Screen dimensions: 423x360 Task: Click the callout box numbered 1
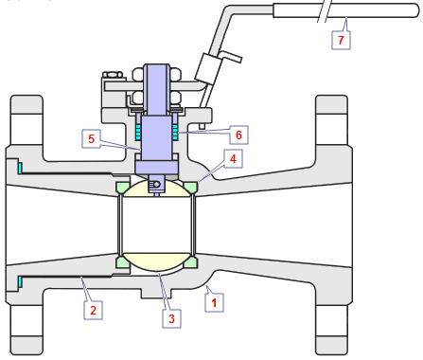click(214, 303)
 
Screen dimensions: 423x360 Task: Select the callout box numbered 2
click(93, 310)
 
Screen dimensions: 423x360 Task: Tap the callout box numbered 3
click(171, 318)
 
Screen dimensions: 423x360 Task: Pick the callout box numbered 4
click(233, 158)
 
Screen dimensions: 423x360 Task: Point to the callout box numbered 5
click(91, 138)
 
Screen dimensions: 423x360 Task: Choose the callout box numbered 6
click(238, 135)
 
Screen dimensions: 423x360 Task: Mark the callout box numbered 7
click(341, 40)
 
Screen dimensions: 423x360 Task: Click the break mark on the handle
click(325, 11)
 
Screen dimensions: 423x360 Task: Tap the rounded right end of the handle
click(415, 10)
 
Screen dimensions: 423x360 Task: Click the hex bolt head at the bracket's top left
click(113, 75)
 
